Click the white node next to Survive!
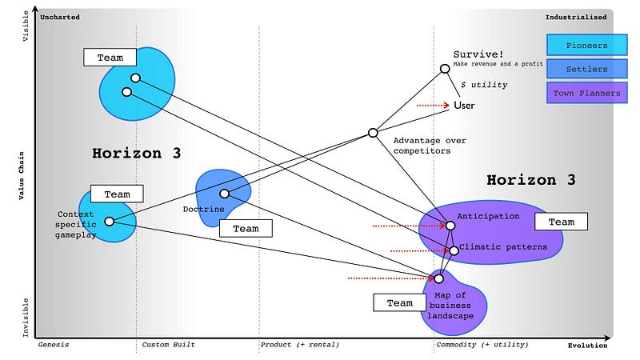(x=445, y=70)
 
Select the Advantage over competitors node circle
(x=373, y=133)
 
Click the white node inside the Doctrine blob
(x=225, y=194)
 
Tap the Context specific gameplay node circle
(x=110, y=222)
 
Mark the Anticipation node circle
(x=450, y=226)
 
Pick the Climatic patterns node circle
(x=454, y=250)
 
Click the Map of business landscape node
(x=438, y=278)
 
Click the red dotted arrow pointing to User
(x=433, y=105)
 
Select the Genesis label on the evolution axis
(x=54, y=345)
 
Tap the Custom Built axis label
(x=168, y=345)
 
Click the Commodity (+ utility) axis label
(x=482, y=345)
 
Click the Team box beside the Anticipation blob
(x=561, y=222)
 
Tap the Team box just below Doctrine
(x=246, y=229)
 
